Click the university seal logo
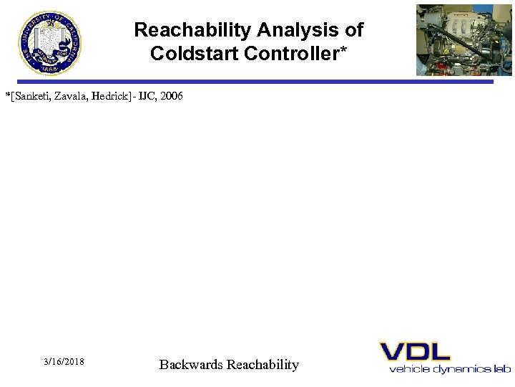tap(49, 42)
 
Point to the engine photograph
tap(454, 40)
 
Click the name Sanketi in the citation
tap(33, 95)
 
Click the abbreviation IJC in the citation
tap(149, 95)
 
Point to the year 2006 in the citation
tap(172, 95)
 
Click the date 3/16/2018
tap(64, 362)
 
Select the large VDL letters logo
tap(415, 352)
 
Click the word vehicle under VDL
tap(406, 369)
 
